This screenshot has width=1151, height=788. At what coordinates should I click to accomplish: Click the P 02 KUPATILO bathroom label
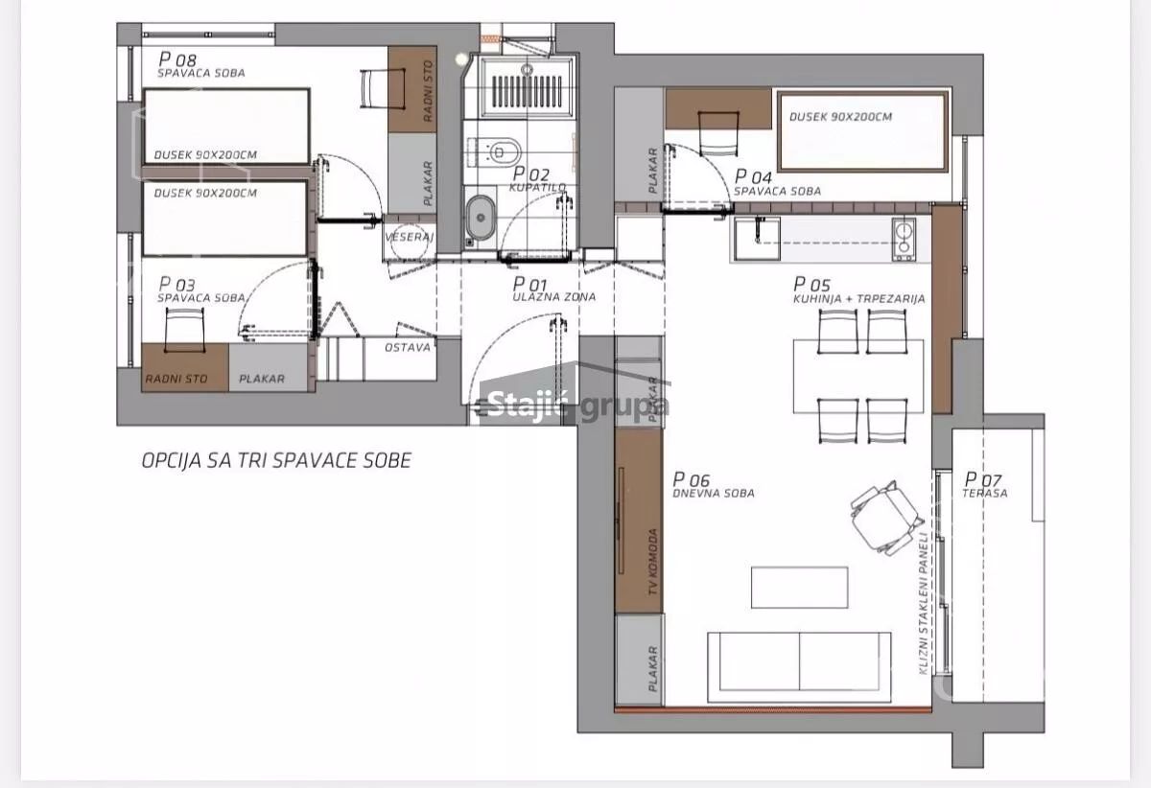tap(538, 180)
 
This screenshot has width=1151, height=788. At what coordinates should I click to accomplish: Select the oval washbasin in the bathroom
tap(481, 218)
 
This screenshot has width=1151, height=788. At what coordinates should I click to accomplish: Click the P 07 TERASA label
tap(984, 485)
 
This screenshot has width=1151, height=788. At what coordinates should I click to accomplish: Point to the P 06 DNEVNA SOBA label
tap(714, 485)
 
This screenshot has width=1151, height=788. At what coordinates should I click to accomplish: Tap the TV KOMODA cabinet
tap(639, 521)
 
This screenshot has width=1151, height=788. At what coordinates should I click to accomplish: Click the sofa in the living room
tap(799, 667)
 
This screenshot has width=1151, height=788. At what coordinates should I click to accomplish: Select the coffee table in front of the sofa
tap(799, 587)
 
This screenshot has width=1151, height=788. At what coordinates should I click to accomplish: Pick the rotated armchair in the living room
tap(885, 518)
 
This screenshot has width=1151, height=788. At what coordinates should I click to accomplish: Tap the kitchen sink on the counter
tap(757, 239)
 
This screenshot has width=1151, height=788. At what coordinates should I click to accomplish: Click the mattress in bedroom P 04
tap(862, 131)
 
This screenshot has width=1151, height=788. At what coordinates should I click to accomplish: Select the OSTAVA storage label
tap(408, 348)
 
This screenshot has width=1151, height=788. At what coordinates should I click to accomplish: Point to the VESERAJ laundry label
tap(409, 237)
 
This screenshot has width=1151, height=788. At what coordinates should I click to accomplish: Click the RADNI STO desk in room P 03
tap(184, 368)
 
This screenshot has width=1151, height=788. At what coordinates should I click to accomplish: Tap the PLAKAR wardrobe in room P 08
tap(412, 174)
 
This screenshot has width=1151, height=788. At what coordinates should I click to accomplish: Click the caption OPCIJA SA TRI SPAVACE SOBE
tap(276, 461)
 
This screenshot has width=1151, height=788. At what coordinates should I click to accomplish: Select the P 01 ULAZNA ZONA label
tap(554, 290)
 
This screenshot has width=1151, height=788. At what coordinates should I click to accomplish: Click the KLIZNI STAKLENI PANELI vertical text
tap(923, 603)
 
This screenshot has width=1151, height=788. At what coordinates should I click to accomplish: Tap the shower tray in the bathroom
tap(528, 88)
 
